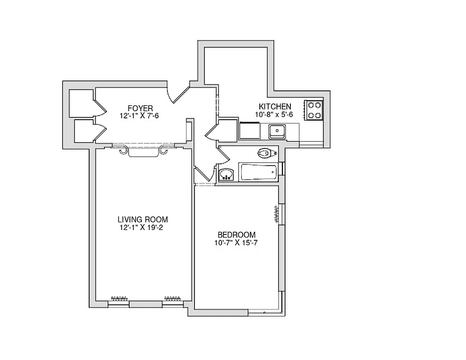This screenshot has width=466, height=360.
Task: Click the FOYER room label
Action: pyautogui.click(x=140, y=108)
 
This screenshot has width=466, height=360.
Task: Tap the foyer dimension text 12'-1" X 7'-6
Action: pyautogui.click(x=140, y=116)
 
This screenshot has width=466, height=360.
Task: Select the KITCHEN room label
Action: pyautogui.click(x=275, y=107)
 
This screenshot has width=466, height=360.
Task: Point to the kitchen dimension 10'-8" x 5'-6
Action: pyautogui.click(x=275, y=114)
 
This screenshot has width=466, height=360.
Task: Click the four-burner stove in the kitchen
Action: pyautogui.click(x=314, y=110)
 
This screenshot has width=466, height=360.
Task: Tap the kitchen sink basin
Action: pyautogui.click(x=276, y=131)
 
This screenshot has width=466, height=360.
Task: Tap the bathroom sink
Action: pyautogui.click(x=226, y=174)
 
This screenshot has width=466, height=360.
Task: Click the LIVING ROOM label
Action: pyautogui.click(x=143, y=220)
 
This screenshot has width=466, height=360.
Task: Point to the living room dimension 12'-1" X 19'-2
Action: pyautogui.click(x=143, y=227)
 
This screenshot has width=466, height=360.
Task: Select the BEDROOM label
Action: pyautogui.click(x=236, y=235)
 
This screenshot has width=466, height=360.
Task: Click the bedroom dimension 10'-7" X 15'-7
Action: pyautogui.click(x=236, y=243)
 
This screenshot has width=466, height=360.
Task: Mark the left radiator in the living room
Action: pyautogui.click(x=119, y=298)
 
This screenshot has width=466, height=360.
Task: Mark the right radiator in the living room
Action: pyautogui.click(x=172, y=298)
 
